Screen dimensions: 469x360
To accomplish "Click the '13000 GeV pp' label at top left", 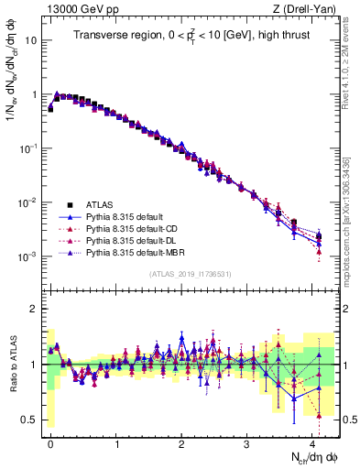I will click(76, 9).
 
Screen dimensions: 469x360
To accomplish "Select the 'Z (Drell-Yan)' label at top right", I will click(308, 9).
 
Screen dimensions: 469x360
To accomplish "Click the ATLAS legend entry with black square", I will click(100, 204).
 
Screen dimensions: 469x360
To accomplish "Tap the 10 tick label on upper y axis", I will click(32, 41).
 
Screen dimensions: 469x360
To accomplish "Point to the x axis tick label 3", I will click(247, 442).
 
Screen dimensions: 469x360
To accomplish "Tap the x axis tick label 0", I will click(50, 442).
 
